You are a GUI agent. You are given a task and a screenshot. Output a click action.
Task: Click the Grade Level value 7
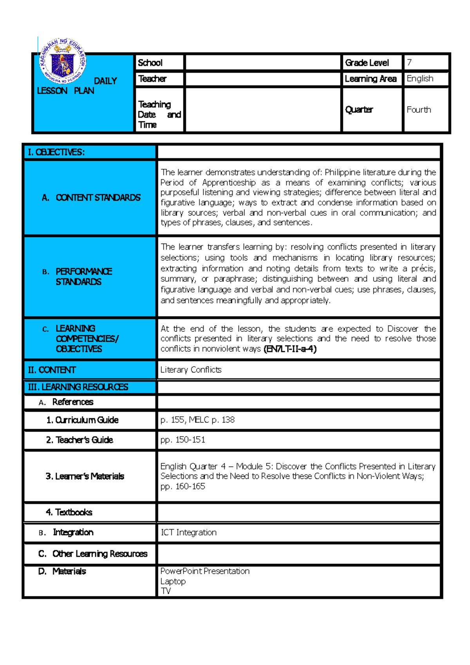409,62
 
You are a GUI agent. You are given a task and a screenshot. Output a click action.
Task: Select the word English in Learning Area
420,78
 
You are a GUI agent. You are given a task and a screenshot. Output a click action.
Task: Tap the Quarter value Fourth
419,110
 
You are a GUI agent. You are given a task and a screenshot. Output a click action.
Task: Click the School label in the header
150,63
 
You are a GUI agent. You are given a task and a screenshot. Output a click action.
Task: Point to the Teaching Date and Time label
159,114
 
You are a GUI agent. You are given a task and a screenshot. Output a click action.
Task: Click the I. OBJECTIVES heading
56,152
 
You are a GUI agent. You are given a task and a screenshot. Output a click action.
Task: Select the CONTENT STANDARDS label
98,197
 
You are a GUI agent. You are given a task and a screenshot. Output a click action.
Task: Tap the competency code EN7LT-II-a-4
290,349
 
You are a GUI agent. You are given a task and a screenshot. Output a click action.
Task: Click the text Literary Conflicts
191,370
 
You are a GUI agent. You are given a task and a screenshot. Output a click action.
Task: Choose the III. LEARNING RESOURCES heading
78,387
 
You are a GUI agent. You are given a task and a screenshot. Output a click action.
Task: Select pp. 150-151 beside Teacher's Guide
183,440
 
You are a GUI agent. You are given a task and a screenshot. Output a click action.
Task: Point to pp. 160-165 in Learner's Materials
183,486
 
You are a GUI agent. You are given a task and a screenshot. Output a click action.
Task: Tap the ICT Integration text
188,532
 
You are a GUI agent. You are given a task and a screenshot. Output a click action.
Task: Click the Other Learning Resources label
99,554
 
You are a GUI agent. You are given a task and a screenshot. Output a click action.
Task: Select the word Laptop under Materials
173,581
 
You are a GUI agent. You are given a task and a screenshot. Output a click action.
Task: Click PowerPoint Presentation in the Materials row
205,571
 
